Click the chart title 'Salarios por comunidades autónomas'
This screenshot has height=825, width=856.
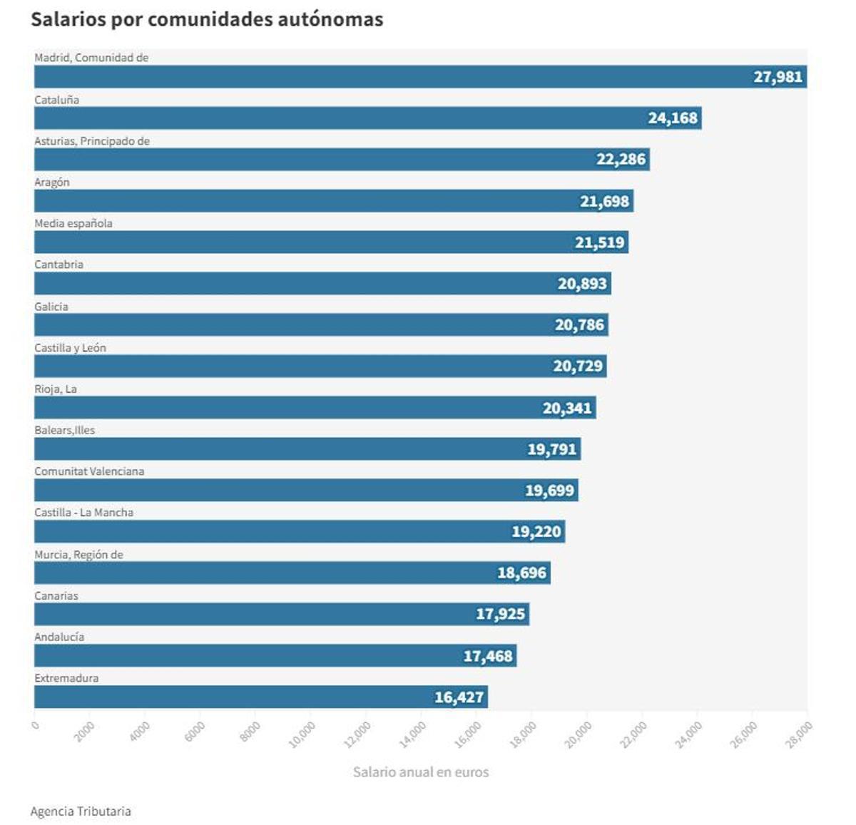click(207, 19)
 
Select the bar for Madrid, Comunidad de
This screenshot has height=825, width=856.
click(392, 77)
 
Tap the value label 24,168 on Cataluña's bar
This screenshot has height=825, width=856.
click(672, 118)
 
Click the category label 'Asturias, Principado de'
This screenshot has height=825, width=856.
click(92, 141)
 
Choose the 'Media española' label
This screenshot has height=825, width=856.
click(73, 223)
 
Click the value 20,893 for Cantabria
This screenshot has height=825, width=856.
click(582, 284)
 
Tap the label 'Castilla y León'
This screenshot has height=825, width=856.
click(70, 348)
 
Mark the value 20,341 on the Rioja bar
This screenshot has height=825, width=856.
click(567, 408)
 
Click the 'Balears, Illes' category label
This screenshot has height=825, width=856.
click(64, 430)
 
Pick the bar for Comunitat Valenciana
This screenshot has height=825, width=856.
click(285, 491)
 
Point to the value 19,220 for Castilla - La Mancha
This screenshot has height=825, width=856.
click(536, 531)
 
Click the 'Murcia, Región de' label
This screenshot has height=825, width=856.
click(78, 555)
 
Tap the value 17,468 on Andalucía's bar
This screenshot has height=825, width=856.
click(488, 656)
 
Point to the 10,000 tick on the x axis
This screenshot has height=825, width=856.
click(302, 734)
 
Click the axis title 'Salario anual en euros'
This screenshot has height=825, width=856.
click(421, 772)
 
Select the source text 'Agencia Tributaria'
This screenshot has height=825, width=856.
click(81, 811)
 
